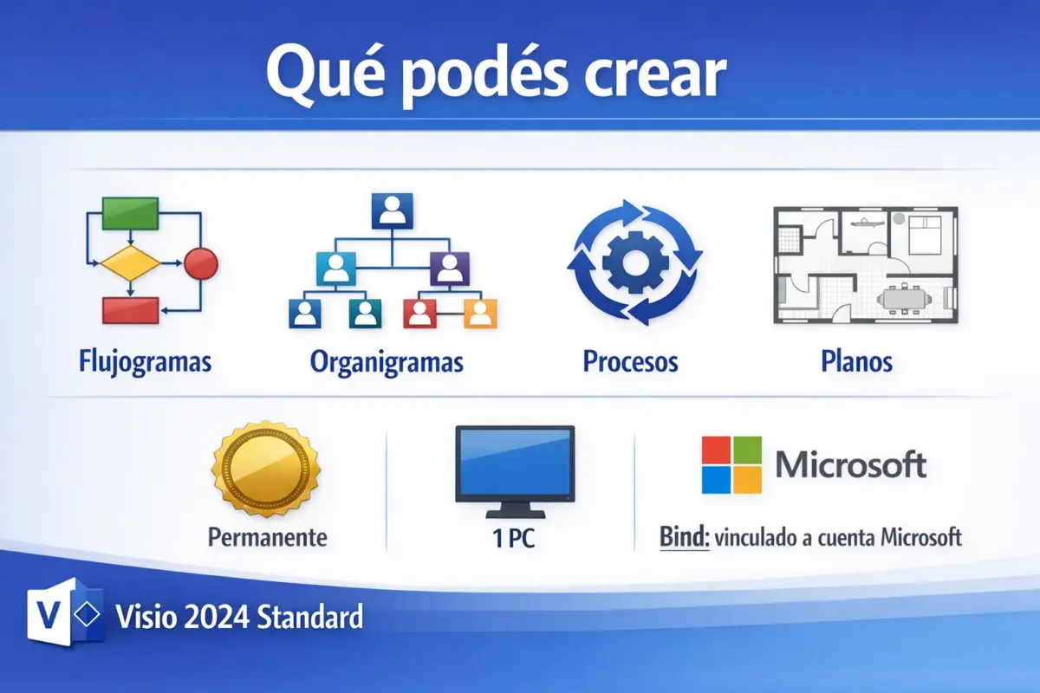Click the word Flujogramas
[x=145, y=360]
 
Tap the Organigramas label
[x=387, y=360]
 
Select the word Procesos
[x=630, y=360]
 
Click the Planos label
[x=856, y=360]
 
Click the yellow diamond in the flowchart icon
[x=130, y=262]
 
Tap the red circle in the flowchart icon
[x=201, y=262]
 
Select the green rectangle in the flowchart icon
[x=130, y=212]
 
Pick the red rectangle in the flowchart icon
[x=130, y=309]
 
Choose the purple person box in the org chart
[x=449, y=268]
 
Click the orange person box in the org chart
[x=480, y=313]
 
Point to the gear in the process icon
[x=634, y=262]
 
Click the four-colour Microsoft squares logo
[x=731, y=464]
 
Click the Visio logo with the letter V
[x=61, y=617]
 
